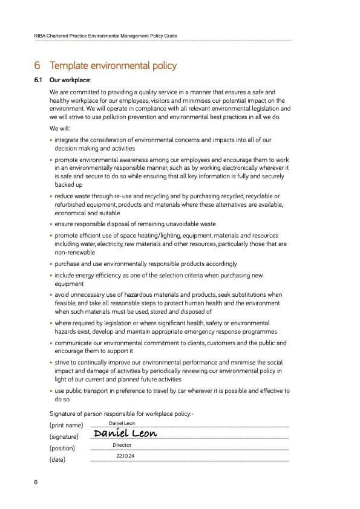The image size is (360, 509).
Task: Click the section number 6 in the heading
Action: point(38,65)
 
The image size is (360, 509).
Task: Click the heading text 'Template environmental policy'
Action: point(113,65)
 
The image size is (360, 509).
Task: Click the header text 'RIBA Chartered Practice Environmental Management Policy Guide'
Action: point(106,36)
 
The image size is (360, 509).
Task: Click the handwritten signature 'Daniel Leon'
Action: point(125,433)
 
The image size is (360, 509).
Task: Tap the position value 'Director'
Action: point(122,445)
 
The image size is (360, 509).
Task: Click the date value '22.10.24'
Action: point(125,456)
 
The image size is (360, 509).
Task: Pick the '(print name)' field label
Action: point(66,426)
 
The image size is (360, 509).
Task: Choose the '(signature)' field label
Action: point(64,436)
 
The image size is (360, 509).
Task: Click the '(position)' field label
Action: point(62,449)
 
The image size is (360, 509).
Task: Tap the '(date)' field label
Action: point(57,459)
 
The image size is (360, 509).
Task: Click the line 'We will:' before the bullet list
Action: point(60,129)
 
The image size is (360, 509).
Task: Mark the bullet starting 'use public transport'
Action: point(169,391)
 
